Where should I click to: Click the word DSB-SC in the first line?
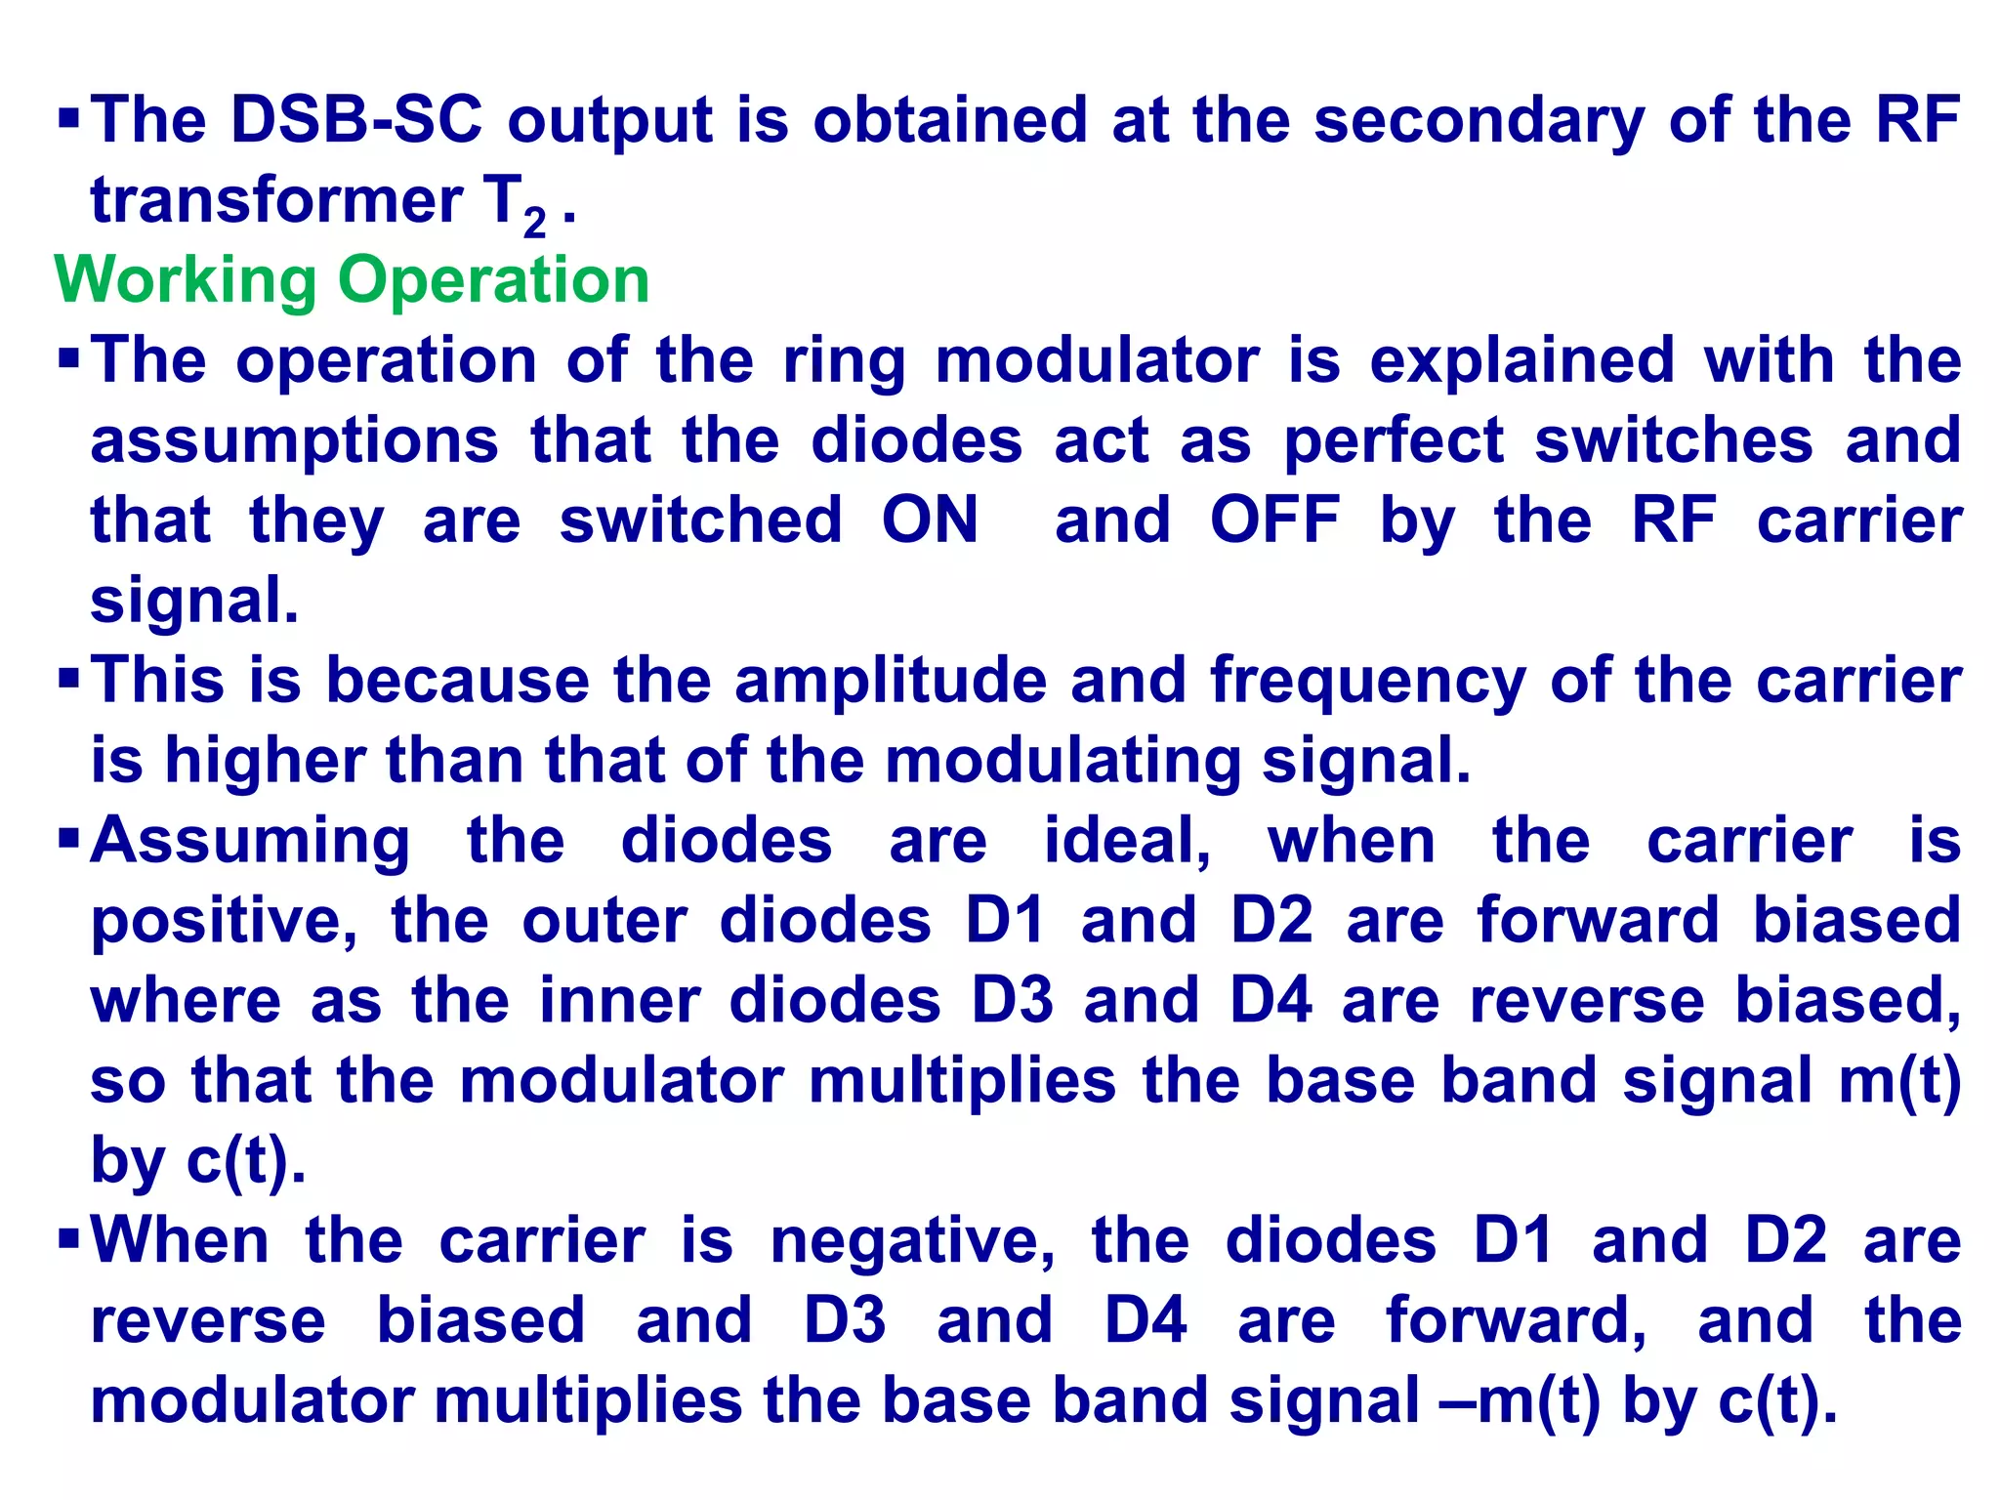pyautogui.click(x=356, y=121)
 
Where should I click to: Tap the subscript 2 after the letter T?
pyautogui.click(x=534, y=223)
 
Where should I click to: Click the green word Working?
pyautogui.click(x=186, y=281)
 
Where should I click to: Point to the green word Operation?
pyautogui.click(x=493, y=281)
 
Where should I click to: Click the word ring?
pyautogui.click(x=844, y=361)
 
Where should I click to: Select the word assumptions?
pyautogui.click(x=294, y=441)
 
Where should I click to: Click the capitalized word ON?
pyautogui.click(x=930, y=520)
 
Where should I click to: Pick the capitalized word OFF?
pyautogui.click(x=1274, y=520)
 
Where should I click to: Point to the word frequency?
pyautogui.click(x=1367, y=682)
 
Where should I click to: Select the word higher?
pyautogui.click(x=265, y=761)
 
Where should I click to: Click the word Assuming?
pyautogui.click(x=250, y=842)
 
